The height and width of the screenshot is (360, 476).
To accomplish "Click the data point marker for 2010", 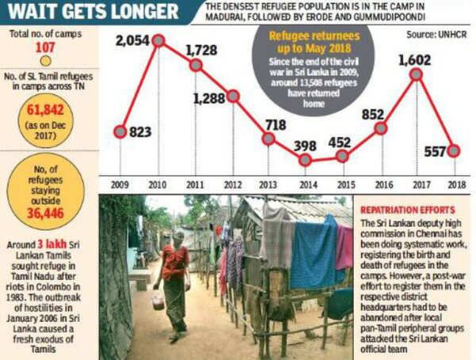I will coord(158,39).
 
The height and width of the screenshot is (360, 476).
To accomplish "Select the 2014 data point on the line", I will coord(305,160).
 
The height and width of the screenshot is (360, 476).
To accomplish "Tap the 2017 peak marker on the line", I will coord(416,74).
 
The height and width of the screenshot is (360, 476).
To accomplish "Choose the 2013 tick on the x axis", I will coord(268,184).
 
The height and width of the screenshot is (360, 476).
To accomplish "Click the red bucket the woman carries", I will coord(159,299).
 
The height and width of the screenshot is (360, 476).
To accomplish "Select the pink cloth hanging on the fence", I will coord(344,247).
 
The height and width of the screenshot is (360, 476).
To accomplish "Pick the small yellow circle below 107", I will coord(46,60).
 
